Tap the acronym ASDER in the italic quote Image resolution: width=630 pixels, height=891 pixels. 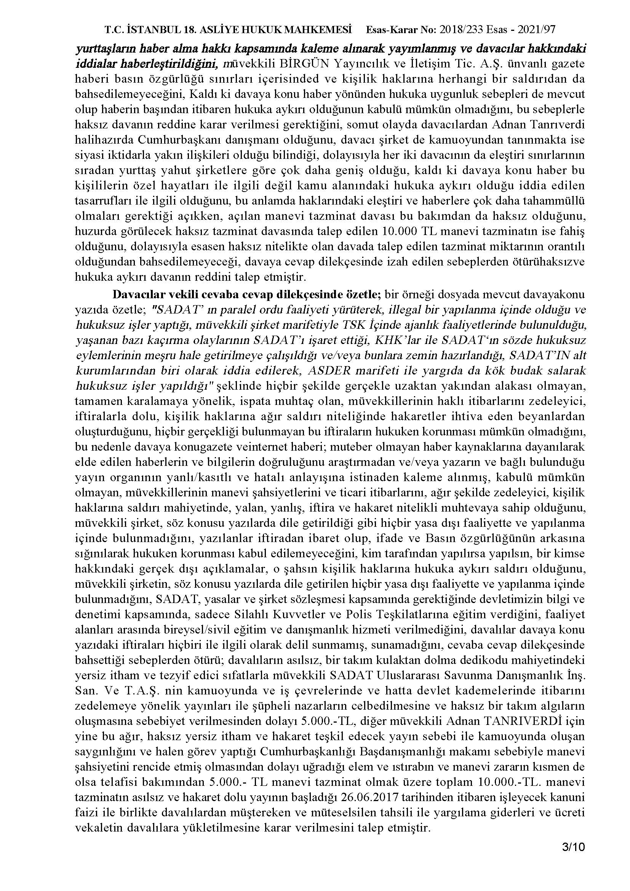(x=328, y=370)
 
